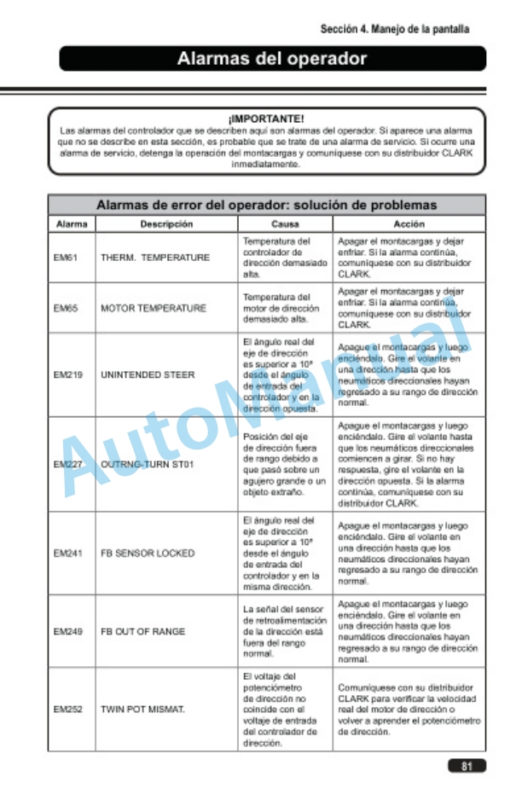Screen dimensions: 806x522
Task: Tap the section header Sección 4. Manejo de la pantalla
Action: coord(394,29)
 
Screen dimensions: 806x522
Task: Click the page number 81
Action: coord(467,766)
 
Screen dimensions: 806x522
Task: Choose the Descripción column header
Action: coord(166,223)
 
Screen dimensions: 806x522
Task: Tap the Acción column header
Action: coord(409,223)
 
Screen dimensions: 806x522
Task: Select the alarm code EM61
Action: coord(64,258)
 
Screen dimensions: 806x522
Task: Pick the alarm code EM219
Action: coord(67,374)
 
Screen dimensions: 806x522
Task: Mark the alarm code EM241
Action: coord(67,553)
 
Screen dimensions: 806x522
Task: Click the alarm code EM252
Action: coord(67,708)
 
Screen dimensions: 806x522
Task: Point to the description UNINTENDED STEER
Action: coord(148,374)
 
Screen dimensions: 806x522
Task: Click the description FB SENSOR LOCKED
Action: coord(148,553)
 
